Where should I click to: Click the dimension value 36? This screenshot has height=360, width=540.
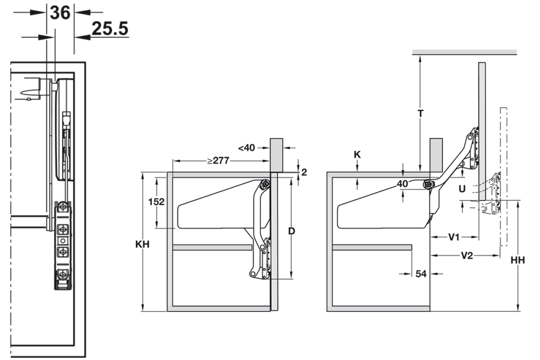pos(60,11)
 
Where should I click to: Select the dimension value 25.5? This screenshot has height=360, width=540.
pos(110,29)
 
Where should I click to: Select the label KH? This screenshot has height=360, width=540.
pos(143,244)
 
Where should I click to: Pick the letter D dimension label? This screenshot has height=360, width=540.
pos(292,231)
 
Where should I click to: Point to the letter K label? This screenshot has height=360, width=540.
pos(357,154)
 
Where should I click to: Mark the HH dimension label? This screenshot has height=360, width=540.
pos(518,261)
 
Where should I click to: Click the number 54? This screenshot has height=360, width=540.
pos(421,274)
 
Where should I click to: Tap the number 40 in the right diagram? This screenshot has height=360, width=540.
pos(402,184)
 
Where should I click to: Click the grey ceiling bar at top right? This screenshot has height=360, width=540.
pos(464,52)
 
